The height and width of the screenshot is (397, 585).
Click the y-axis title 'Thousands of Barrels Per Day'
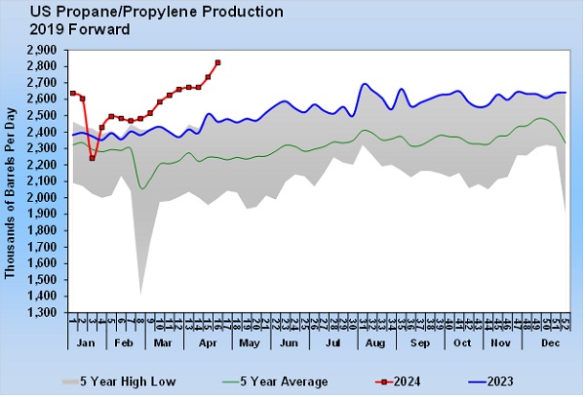[x=11, y=182]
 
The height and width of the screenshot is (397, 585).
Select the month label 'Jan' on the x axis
[x=85, y=343]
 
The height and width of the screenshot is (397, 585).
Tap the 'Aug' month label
[x=372, y=343]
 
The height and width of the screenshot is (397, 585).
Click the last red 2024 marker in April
[x=217, y=62]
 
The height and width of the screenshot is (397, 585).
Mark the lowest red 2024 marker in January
[x=92, y=158]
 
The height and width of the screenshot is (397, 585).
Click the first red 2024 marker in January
[x=73, y=93]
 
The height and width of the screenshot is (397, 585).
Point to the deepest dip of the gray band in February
[x=141, y=292]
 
